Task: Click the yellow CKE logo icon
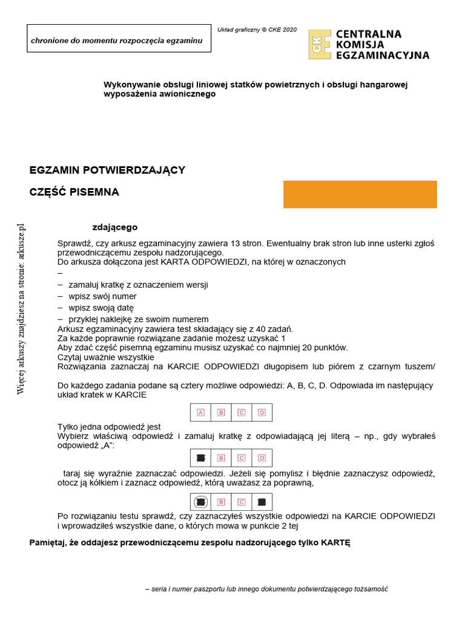[320, 44]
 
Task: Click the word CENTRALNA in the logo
[368, 34]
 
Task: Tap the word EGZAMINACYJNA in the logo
[382, 55]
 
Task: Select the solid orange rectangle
[360, 194]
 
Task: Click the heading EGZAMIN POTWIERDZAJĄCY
[107, 170]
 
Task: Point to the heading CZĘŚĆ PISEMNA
[74, 192]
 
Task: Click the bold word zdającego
[114, 227]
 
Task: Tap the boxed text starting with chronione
[119, 41]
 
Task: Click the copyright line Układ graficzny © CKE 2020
[257, 30]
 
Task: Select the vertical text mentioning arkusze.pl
[21, 309]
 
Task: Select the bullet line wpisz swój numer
[102, 296]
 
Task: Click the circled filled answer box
[201, 501]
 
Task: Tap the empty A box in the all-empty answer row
[201, 412]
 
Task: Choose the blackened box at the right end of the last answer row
[262, 501]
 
